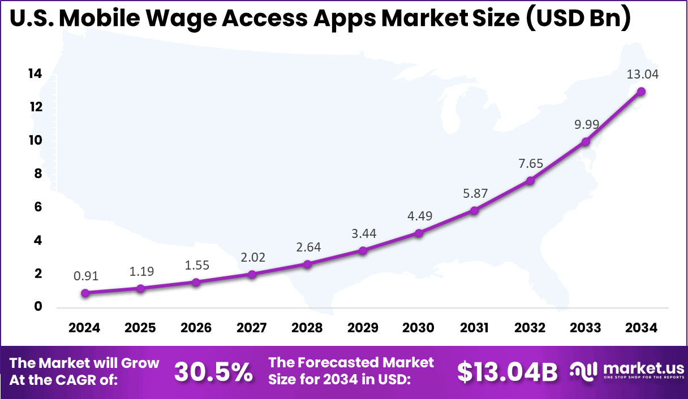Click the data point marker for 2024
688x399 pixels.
(x=85, y=293)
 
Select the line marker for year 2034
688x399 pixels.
(x=642, y=92)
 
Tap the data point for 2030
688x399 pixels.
(x=419, y=233)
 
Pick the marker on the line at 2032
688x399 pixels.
(x=530, y=180)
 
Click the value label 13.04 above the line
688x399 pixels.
(x=642, y=74)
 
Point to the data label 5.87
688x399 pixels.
(x=474, y=193)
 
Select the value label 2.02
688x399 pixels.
(x=252, y=257)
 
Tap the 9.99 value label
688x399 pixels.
(x=586, y=125)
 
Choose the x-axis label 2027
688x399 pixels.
(x=252, y=328)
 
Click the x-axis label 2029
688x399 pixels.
(x=363, y=328)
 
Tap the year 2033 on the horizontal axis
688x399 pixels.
(x=586, y=328)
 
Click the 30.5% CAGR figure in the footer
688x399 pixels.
(x=213, y=371)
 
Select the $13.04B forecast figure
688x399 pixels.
(x=507, y=371)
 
